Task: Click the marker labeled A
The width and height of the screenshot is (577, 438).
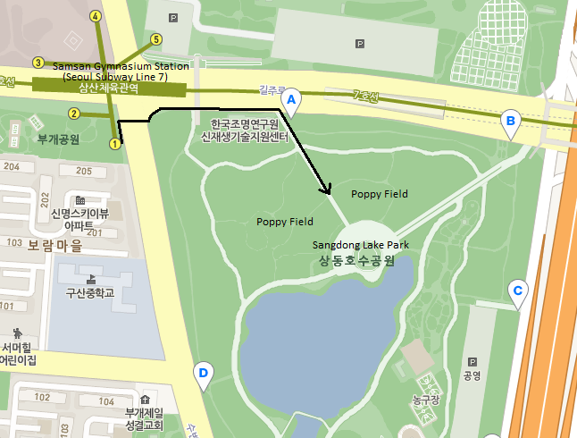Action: click(290, 100)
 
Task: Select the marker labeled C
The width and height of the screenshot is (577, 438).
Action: click(516, 291)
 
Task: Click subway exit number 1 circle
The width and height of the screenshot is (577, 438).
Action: click(114, 143)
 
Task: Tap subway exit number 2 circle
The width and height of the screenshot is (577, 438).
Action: click(74, 114)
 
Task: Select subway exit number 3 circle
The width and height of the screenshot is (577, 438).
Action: click(38, 63)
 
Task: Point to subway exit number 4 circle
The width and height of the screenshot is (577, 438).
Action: click(96, 16)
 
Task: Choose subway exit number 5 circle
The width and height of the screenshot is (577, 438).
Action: click(156, 39)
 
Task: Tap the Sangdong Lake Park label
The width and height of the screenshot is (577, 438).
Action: click(361, 244)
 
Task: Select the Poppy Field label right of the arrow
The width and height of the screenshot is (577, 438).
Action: click(380, 193)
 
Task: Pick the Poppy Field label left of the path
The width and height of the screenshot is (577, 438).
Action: click(285, 222)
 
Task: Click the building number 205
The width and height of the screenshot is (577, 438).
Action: click(85, 171)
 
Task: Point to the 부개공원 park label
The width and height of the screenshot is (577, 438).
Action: click(59, 139)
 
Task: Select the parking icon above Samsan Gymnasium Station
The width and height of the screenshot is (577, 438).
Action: click(172, 17)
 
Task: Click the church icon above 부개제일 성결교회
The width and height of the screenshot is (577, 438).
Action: click(145, 398)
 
